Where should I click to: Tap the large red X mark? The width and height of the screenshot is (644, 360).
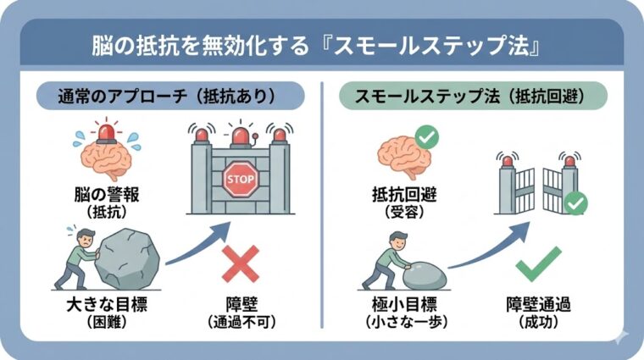pyautogui.click(x=241, y=264)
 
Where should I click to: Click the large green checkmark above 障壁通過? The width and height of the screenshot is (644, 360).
pyautogui.click(x=538, y=264)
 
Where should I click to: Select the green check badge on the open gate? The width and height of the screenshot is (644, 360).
pyautogui.click(x=577, y=203)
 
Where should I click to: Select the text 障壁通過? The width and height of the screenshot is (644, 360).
pyautogui.click(x=538, y=304)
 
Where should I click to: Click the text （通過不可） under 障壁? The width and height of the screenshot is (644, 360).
pyautogui.click(x=241, y=322)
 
